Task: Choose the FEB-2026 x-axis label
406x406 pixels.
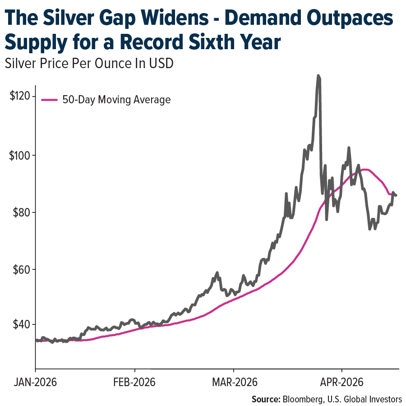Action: [134, 382]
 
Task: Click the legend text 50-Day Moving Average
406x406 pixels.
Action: [116, 100]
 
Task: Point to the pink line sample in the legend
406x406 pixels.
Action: [50, 100]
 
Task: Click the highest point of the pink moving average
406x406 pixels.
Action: [365, 170]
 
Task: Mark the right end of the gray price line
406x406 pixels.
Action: [396, 195]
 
